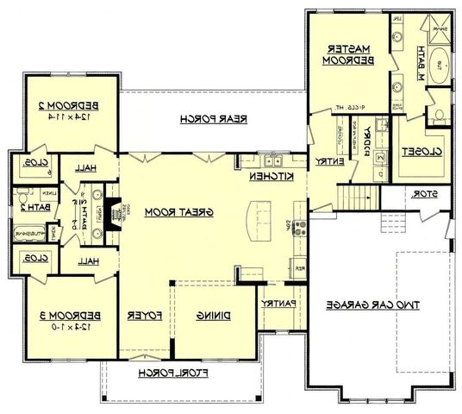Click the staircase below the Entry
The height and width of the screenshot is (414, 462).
point(361,198)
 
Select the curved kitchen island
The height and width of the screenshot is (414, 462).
point(259,217)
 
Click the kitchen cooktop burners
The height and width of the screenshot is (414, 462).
point(299,228)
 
